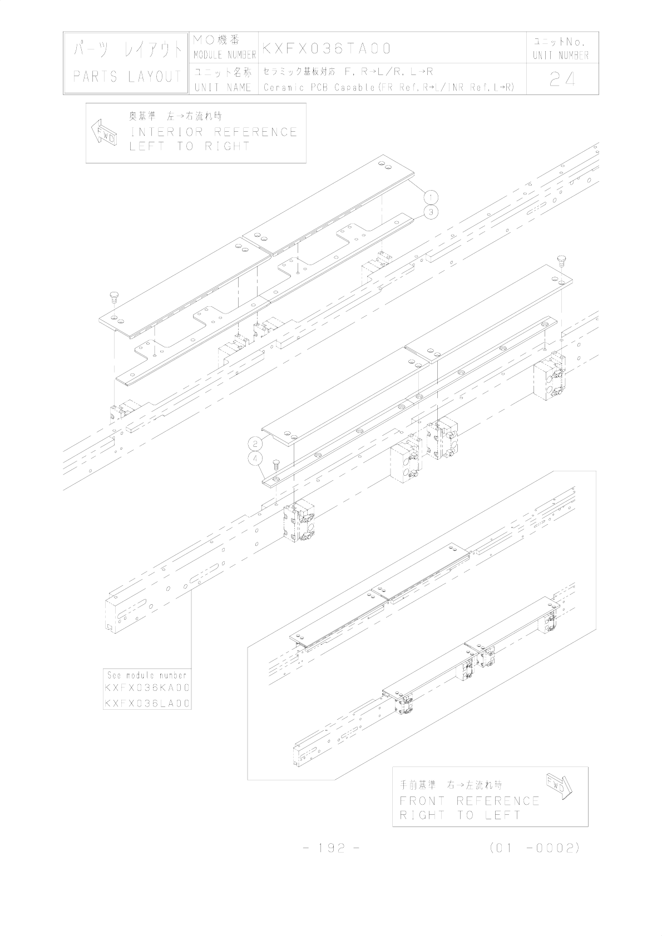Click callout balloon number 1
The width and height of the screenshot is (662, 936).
[x=431, y=196]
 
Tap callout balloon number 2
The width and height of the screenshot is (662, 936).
[x=255, y=444]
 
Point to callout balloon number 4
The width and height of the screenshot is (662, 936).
[x=255, y=459]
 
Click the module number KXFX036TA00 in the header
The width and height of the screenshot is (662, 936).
[x=327, y=48]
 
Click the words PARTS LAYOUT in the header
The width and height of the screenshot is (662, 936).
[x=127, y=77]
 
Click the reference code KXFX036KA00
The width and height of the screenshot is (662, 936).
[x=147, y=688]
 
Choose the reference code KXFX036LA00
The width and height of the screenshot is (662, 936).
[x=147, y=703]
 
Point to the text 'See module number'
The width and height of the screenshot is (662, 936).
[x=147, y=675]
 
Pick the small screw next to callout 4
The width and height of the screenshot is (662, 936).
[x=275, y=464]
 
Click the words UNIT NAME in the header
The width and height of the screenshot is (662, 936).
[x=223, y=88]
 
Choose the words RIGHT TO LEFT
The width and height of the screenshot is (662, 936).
[x=460, y=815]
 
